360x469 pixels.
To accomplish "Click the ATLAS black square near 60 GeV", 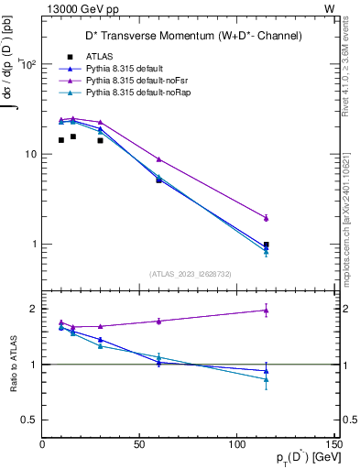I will click(x=158, y=180).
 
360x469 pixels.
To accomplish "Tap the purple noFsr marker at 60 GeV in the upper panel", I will click(x=158, y=159).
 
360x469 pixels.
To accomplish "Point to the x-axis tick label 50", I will click(x=139, y=445).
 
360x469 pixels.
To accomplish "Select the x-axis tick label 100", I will click(x=236, y=445).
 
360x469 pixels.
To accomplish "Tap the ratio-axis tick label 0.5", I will click(x=29, y=420).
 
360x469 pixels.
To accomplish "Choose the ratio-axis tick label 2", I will click(x=33, y=310).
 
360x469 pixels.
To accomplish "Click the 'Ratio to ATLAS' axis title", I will click(x=13, y=366).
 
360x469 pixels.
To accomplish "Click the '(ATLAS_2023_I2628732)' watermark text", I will click(x=190, y=272).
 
